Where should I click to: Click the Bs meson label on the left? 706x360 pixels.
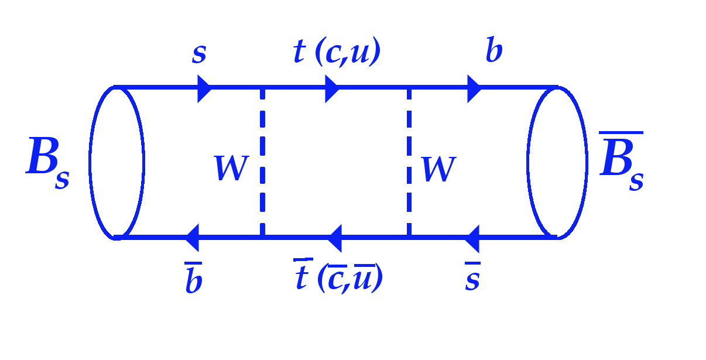(x=47, y=163)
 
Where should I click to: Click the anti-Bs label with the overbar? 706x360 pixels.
(x=622, y=161)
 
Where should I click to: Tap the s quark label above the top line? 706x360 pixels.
(x=199, y=54)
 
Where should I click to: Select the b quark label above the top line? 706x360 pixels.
(x=494, y=49)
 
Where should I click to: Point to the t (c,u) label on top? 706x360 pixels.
(x=337, y=52)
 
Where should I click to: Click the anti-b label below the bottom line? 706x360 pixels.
(x=194, y=277)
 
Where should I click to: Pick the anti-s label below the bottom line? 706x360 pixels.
(x=472, y=276)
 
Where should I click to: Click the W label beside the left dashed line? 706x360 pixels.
(x=232, y=168)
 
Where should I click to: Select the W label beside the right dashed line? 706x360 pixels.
(x=438, y=170)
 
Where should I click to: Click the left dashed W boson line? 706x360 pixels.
(x=262, y=162)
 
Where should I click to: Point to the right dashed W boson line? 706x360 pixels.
(x=409, y=162)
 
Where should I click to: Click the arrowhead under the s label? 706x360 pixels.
(x=204, y=88)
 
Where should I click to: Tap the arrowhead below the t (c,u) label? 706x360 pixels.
(x=332, y=88)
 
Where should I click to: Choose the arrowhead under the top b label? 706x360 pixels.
(x=475, y=88)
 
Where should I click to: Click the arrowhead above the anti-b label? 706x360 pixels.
(x=191, y=238)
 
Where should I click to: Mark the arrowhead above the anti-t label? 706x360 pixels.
(x=334, y=238)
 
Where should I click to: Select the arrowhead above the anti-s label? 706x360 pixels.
(x=472, y=239)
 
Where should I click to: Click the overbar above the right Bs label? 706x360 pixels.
(x=621, y=133)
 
